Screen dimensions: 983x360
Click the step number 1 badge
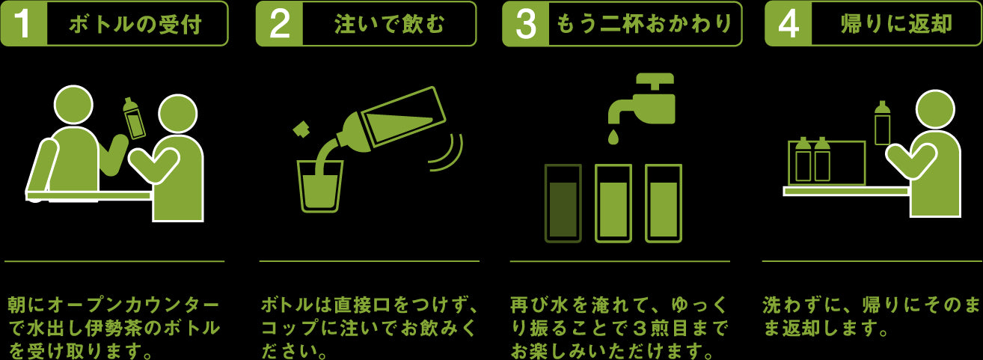(x=24, y=24)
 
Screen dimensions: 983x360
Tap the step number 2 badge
(x=280, y=24)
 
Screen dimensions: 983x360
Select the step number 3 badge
(x=526, y=24)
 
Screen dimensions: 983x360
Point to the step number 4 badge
(x=788, y=24)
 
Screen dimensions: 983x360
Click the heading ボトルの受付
(x=135, y=24)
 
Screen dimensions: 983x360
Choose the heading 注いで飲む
(x=390, y=24)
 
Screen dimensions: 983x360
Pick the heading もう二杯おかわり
(x=644, y=24)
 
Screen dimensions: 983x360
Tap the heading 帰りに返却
(x=896, y=24)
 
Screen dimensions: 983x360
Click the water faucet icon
(x=642, y=99)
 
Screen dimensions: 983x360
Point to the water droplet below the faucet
(x=613, y=136)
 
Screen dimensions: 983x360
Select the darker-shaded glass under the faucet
(x=563, y=204)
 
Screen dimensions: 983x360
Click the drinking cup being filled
(x=320, y=186)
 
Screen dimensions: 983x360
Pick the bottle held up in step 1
(x=135, y=118)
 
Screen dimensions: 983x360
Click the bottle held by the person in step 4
(x=882, y=123)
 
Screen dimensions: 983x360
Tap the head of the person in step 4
(x=935, y=110)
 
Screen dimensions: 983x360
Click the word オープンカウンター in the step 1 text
(x=133, y=305)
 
